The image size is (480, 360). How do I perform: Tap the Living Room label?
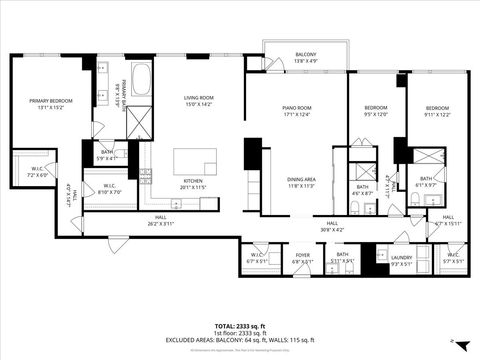tap(198, 100)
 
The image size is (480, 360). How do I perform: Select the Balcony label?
tap(305, 58)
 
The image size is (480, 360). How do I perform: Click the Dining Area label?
tap(301, 182)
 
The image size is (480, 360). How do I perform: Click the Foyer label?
tap(302, 258)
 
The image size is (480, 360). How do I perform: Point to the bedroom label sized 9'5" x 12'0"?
tap(376, 110)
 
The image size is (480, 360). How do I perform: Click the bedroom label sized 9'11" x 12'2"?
tap(437, 110)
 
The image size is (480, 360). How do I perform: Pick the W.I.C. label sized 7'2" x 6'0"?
tap(37, 172)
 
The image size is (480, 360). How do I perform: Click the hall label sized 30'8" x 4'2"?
tap(332, 227)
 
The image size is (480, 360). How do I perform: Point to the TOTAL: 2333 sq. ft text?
tap(241, 325)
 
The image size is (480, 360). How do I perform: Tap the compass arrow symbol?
tap(453, 341)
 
